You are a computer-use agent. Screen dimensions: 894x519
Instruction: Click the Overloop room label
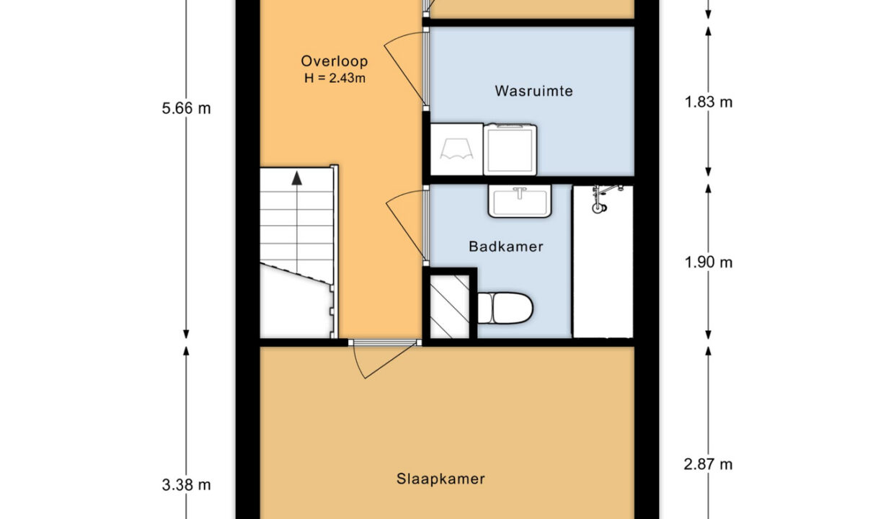pos(335,61)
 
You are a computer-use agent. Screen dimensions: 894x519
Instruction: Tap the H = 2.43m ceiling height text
pos(335,78)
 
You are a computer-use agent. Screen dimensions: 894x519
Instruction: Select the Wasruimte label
pos(534,91)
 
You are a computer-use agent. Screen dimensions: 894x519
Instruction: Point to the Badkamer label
pos(505,247)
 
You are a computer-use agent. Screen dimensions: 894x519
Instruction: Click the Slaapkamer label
pos(441,479)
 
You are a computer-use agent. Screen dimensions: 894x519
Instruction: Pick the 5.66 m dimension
pos(187,108)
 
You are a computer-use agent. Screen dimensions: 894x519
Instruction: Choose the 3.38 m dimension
pos(187,484)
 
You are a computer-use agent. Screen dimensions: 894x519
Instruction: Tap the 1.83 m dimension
pos(709,102)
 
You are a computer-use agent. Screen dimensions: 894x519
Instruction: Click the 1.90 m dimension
pos(709,262)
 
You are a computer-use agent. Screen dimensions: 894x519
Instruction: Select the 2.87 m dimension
pos(708,464)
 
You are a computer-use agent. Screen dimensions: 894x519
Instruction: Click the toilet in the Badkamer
pos(505,309)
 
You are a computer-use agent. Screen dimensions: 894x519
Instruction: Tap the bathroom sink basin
pos(520,201)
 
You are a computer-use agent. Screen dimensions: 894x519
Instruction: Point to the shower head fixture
pos(603,198)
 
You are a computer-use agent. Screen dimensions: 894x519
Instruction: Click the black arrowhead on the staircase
pos(296,178)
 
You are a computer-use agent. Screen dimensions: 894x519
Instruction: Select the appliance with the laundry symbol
pos(456,149)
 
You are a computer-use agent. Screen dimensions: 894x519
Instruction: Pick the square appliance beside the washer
pos(510,149)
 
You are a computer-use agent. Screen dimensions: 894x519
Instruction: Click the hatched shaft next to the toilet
pos(449,306)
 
